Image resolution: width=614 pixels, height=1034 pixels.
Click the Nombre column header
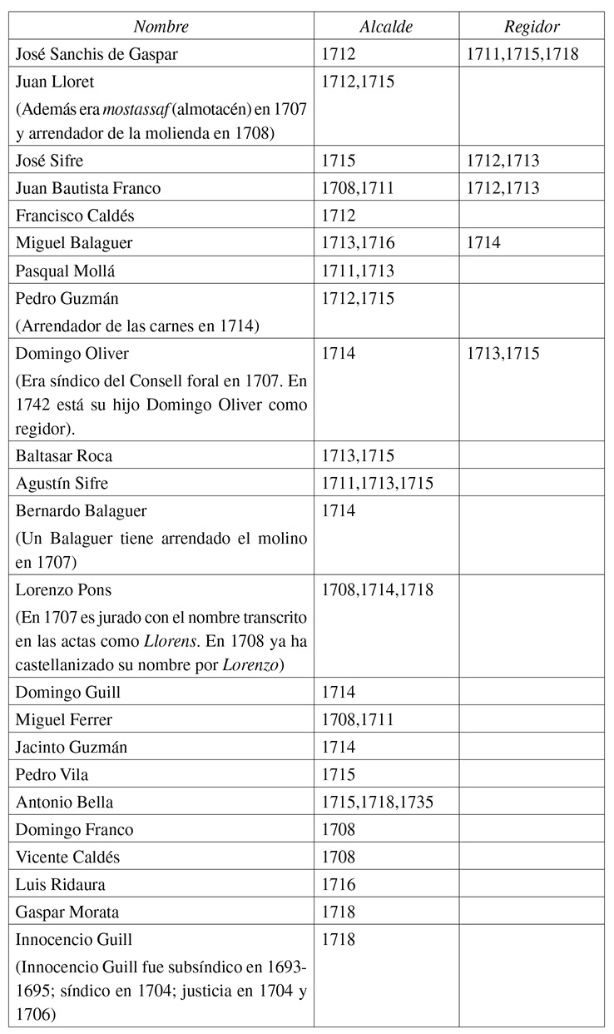click(x=161, y=27)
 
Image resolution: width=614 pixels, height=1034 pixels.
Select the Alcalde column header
click(x=385, y=27)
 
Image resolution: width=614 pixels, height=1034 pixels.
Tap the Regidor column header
click(x=532, y=27)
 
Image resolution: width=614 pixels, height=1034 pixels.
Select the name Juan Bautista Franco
click(x=88, y=188)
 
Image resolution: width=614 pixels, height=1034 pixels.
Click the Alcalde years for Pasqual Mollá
click(x=358, y=270)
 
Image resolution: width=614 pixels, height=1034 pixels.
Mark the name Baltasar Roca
click(x=64, y=456)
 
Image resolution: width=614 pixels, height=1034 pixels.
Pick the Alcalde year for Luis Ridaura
click(x=339, y=884)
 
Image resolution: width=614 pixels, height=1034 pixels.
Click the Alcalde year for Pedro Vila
click(x=339, y=775)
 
